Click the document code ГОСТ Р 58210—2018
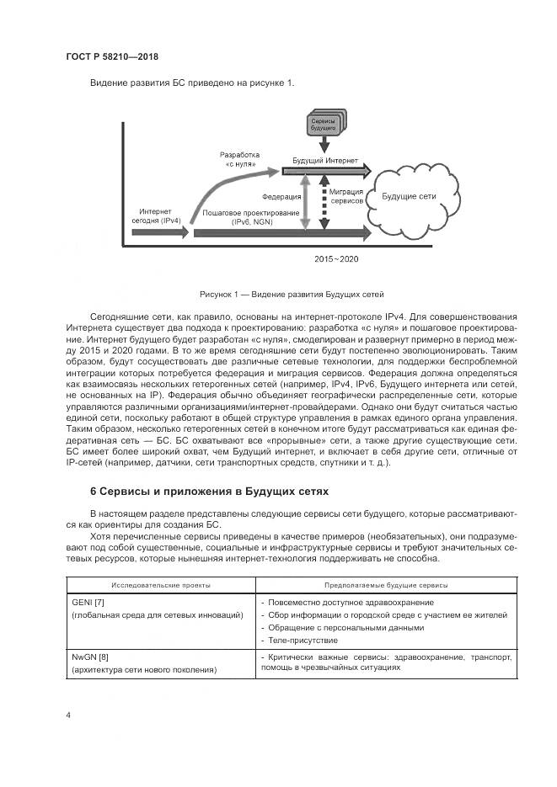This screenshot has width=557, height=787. point(112,57)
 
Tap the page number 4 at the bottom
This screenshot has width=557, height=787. point(68,715)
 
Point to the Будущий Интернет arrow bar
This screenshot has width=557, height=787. point(325,170)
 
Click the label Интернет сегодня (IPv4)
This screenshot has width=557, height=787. point(156,215)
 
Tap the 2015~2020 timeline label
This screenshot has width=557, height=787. point(337,259)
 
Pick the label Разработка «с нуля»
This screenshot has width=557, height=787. point(240,160)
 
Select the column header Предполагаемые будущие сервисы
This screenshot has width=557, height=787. point(386,583)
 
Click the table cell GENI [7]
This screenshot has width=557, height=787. point(82,603)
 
